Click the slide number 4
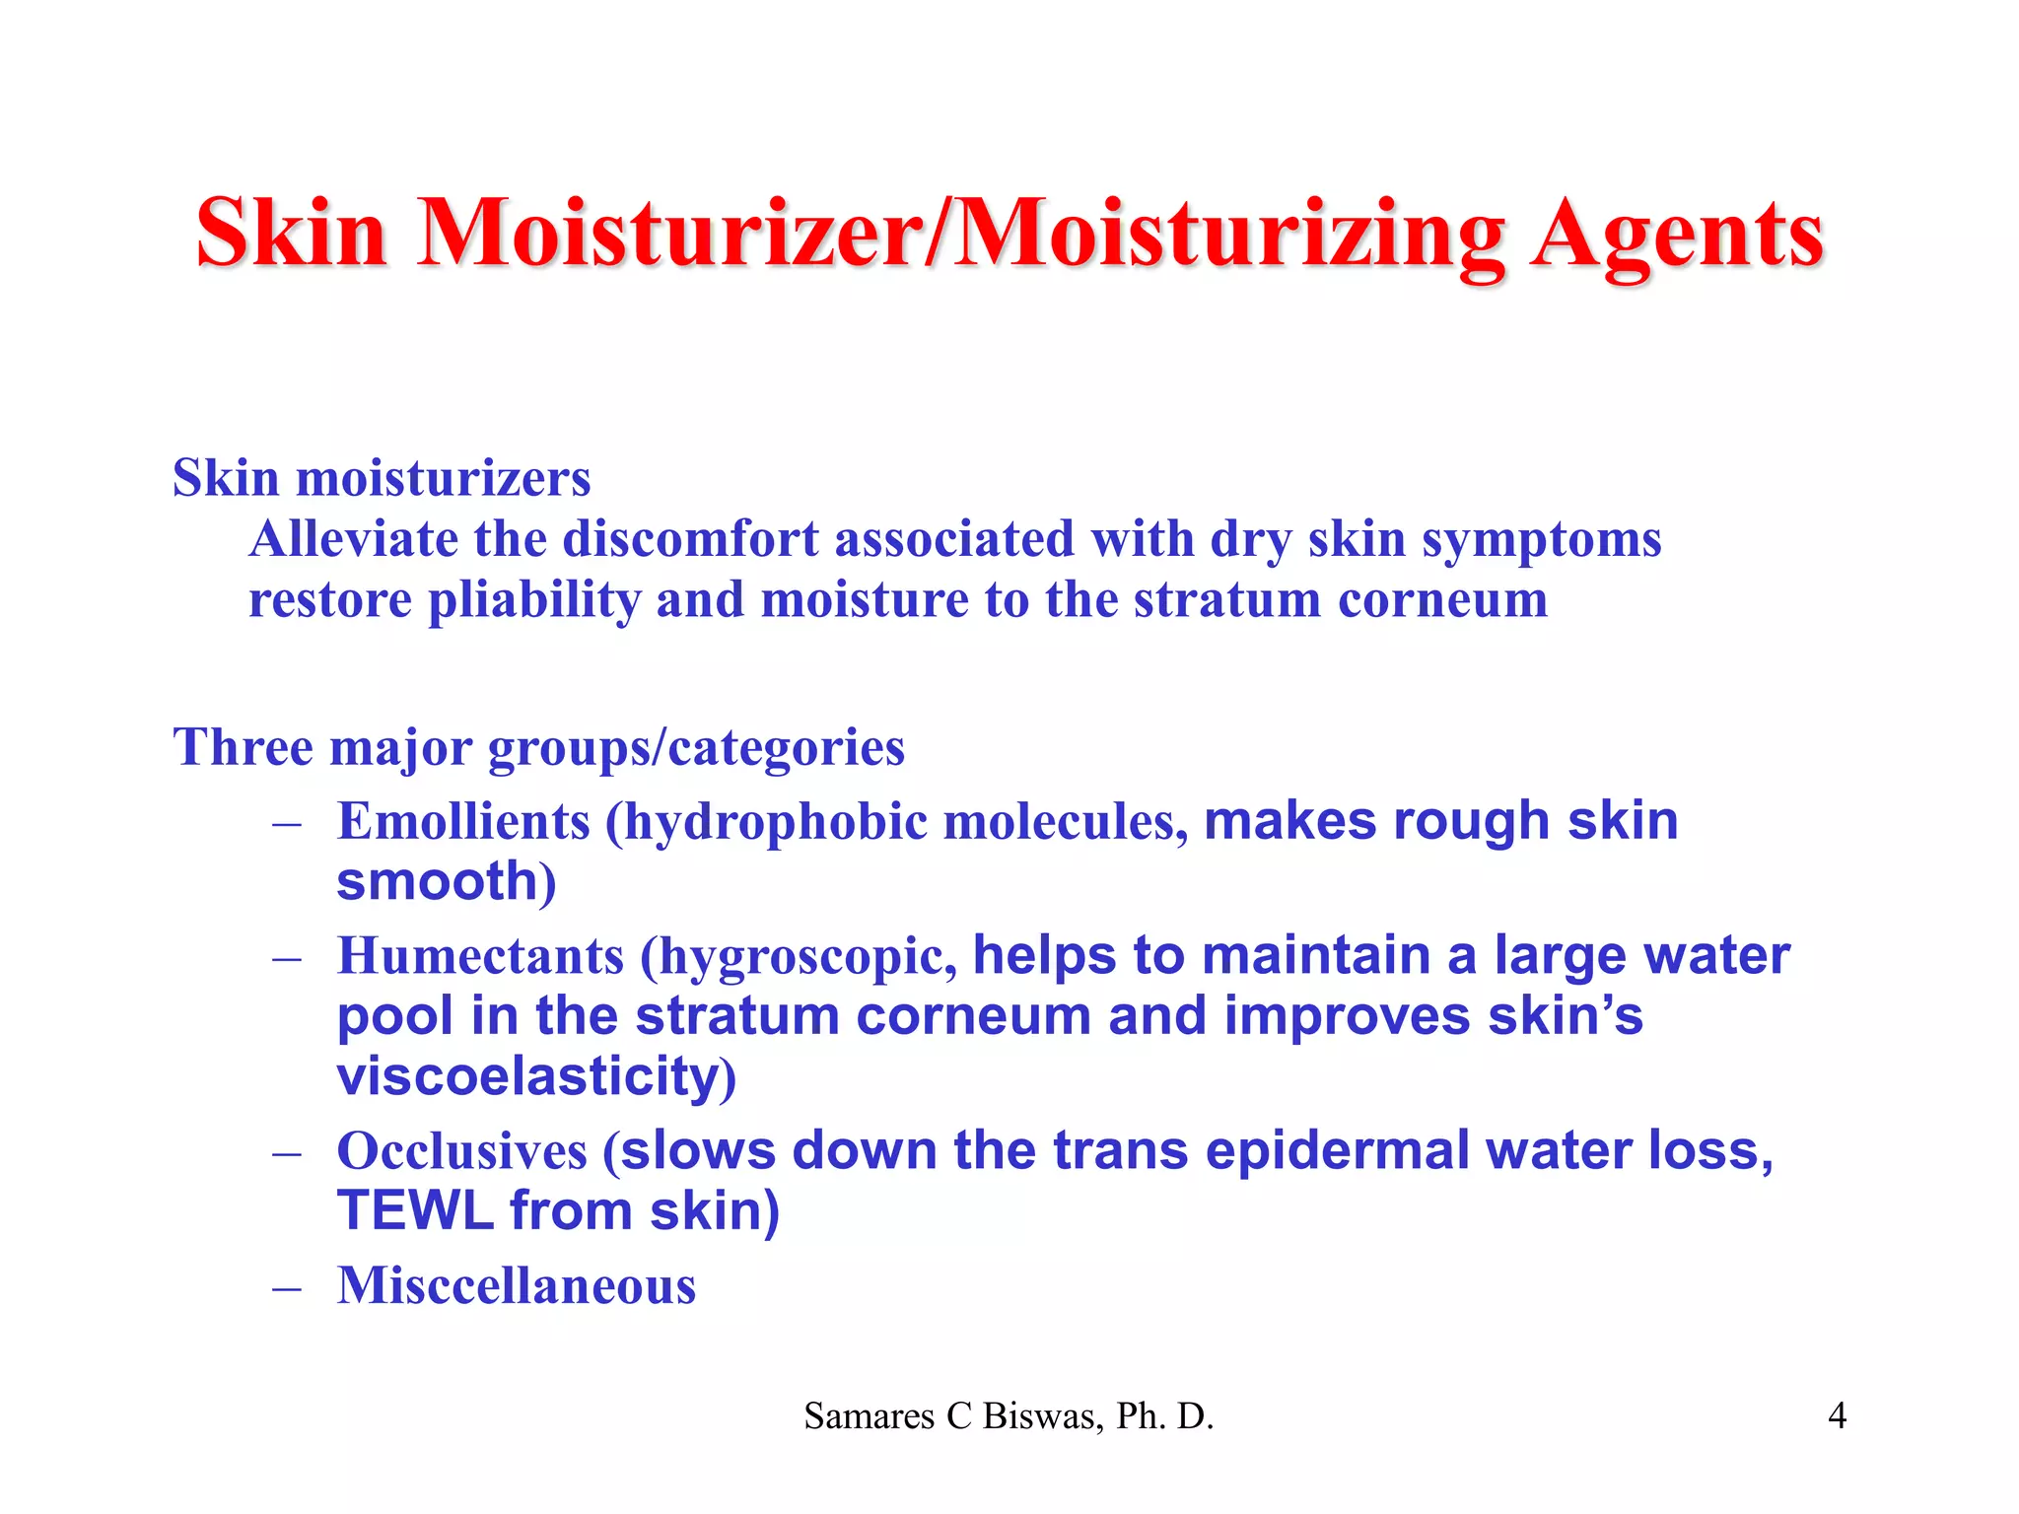[1837, 1416]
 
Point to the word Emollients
[463, 821]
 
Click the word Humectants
[480, 956]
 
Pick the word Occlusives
[461, 1150]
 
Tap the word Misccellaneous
[517, 1285]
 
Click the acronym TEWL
[415, 1210]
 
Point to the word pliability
[533, 600]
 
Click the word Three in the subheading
[243, 747]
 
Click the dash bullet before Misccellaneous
[287, 1288]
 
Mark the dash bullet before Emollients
[287, 824]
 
